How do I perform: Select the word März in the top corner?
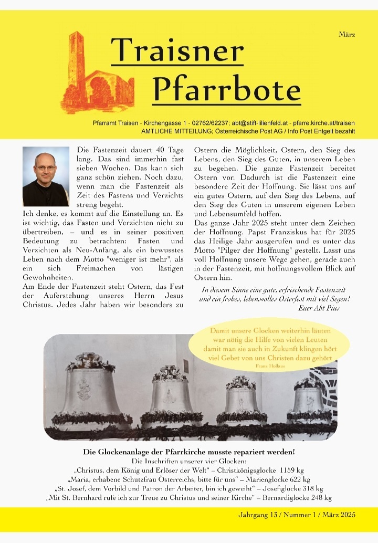coord(347,35)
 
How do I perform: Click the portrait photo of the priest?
coord(46,176)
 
